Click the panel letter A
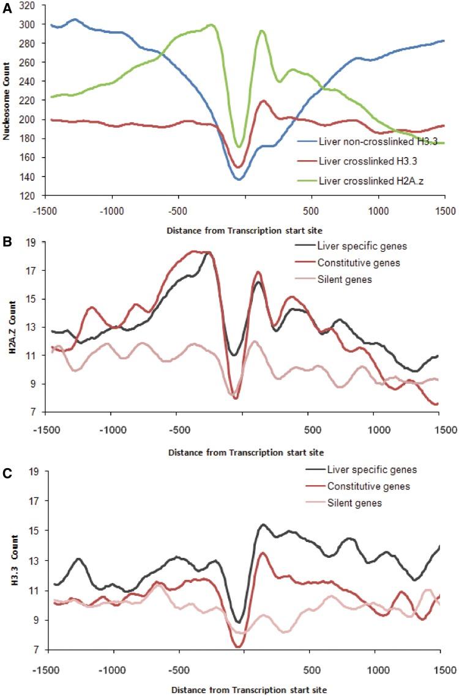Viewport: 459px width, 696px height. [6, 5]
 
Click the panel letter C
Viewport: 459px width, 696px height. [6, 472]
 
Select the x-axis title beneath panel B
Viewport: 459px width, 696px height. [245, 452]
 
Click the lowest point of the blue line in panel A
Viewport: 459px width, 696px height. [239, 180]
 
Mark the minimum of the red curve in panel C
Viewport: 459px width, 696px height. [239, 647]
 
